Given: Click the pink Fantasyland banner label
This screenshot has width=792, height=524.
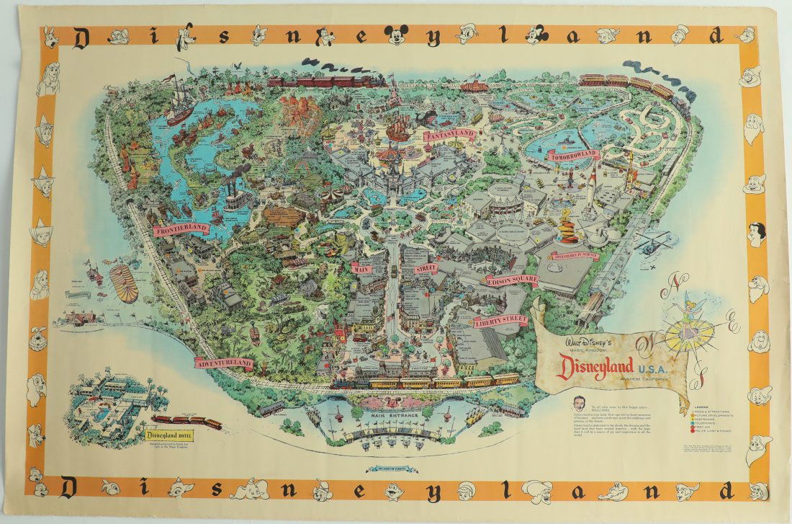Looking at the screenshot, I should pyautogui.click(x=449, y=134).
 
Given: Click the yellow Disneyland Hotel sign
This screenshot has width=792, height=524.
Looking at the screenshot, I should pyautogui.click(x=172, y=434).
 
